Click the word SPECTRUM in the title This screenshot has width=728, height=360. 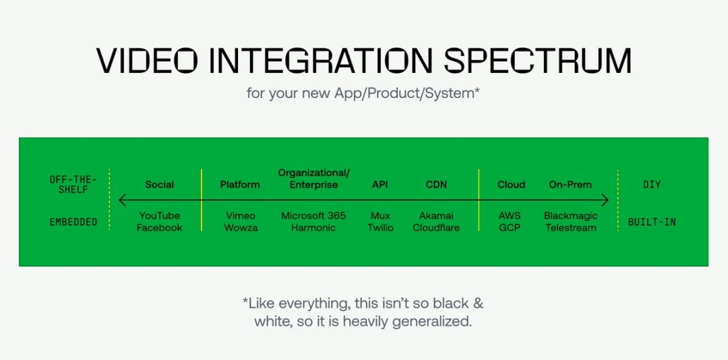(x=537, y=61)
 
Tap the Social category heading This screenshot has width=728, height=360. (x=160, y=185)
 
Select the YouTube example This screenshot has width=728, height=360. (x=160, y=216)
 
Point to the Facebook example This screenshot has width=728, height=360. (x=160, y=228)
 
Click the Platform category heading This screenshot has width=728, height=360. (x=240, y=185)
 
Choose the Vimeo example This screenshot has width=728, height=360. (x=241, y=216)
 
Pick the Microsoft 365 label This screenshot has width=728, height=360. (x=313, y=216)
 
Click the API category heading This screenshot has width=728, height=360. (x=380, y=185)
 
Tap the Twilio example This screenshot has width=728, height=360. (x=380, y=228)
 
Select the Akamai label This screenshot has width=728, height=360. (x=436, y=216)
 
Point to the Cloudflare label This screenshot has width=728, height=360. (x=436, y=228)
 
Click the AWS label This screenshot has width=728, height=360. (x=510, y=216)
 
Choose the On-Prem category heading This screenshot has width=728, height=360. (x=570, y=185)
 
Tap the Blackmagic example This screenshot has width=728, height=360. (x=570, y=216)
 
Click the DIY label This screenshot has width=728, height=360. (x=652, y=185)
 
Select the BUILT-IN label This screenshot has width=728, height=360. (x=652, y=222)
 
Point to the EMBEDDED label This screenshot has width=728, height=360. (x=73, y=222)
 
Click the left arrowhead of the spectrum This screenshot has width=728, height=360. (x=123, y=200)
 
